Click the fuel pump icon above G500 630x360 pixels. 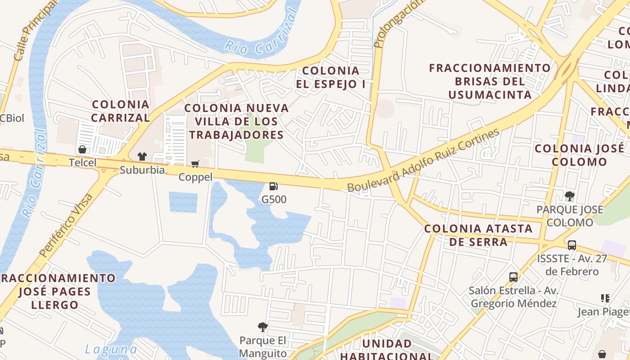(273, 186)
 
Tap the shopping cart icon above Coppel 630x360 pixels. (195, 164)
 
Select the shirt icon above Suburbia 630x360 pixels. (142, 157)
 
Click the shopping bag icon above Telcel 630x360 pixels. (82, 149)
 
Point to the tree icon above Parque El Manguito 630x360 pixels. (262, 327)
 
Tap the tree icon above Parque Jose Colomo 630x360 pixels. (570, 196)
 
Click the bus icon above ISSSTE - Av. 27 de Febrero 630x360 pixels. (571, 245)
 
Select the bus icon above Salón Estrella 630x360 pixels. (513, 277)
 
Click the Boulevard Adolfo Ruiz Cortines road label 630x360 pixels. (423, 160)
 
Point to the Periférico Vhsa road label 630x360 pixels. (66, 225)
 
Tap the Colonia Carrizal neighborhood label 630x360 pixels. (120, 111)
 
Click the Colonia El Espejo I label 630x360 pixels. (331, 77)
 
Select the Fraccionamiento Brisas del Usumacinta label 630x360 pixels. (490, 81)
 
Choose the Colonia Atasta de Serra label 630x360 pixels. (479, 235)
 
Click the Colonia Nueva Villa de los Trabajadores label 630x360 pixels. (237, 121)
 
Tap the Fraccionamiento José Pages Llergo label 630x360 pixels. (56, 291)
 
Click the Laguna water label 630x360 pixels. (111, 349)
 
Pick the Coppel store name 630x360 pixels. (195, 177)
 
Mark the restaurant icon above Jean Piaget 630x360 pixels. (605, 298)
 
